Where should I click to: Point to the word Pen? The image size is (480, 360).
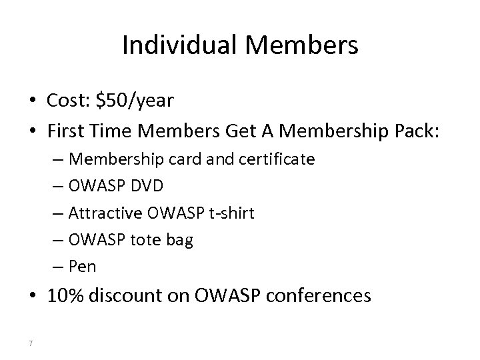pos(83,267)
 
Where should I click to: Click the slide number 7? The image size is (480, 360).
pos(31,343)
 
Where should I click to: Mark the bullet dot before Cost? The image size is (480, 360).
pos(32,101)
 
